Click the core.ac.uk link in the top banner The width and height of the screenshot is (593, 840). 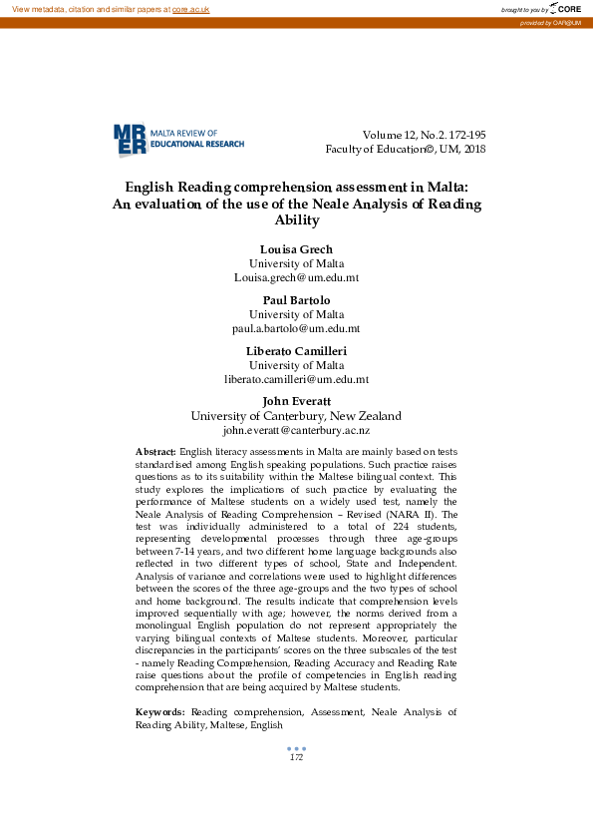pyautogui.click(x=190, y=9)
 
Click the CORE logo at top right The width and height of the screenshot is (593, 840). pyautogui.click(x=564, y=8)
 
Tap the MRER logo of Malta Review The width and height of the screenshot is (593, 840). pyautogui.click(x=131, y=139)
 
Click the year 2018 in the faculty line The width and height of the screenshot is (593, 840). pyautogui.click(x=472, y=149)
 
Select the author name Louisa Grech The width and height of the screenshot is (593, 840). pyautogui.click(x=296, y=248)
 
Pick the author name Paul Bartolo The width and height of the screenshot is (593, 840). pyautogui.click(x=296, y=300)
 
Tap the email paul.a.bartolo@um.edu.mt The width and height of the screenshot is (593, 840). pyautogui.click(x=296, y=327)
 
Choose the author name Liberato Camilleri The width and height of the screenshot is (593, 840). pyautogui.click(x=296, y=351)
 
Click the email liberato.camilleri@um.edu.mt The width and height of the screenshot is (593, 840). pyautogui.click(x=296, y=379)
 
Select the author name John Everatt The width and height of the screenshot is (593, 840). pyautogui.click(x=296, y=402)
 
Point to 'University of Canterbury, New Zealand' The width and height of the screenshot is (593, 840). pyautogui.click(x=296, y=416)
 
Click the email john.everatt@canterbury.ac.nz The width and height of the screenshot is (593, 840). pyautogui.click(x=296, y=431)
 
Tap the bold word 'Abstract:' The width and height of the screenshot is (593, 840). pyautogui.click(x=155, y=453)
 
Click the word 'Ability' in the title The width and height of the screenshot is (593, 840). pyautogui.click(x=296, y=220)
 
